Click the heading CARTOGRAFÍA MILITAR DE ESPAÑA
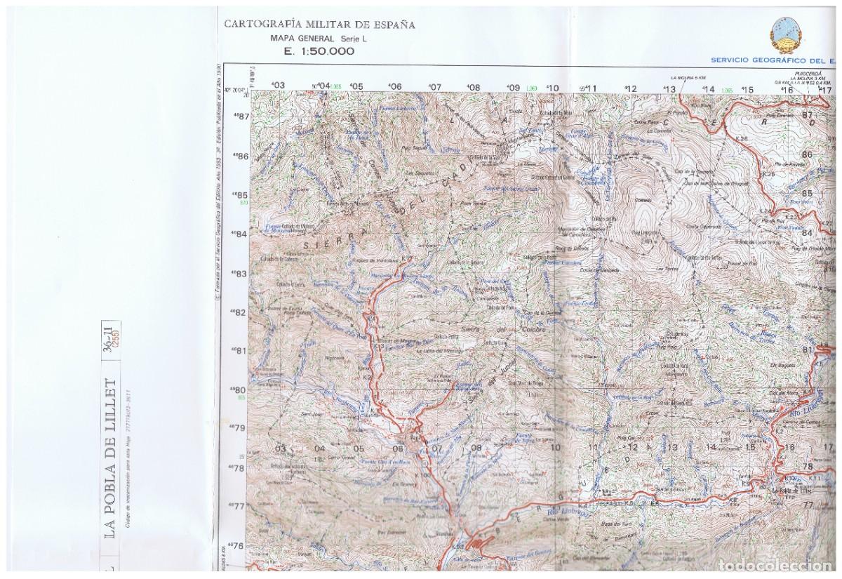pyautogui.click(x=319, y=24)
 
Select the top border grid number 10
pyautogui.click(x=554, y=88)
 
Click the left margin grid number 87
pyautogui.click(x=242, y=117)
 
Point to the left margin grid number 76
pyautogui.click(x=241, y=545)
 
